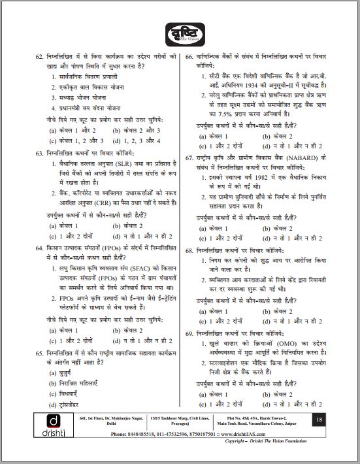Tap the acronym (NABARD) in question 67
point(299,157)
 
